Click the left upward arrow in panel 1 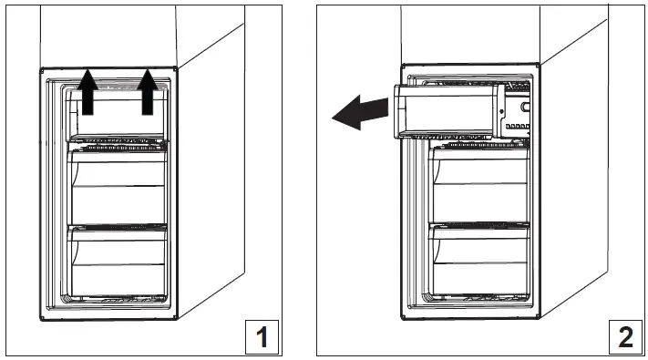coord(87,93)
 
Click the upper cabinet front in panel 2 coord(469,35)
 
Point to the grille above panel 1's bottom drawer coord(117,224)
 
